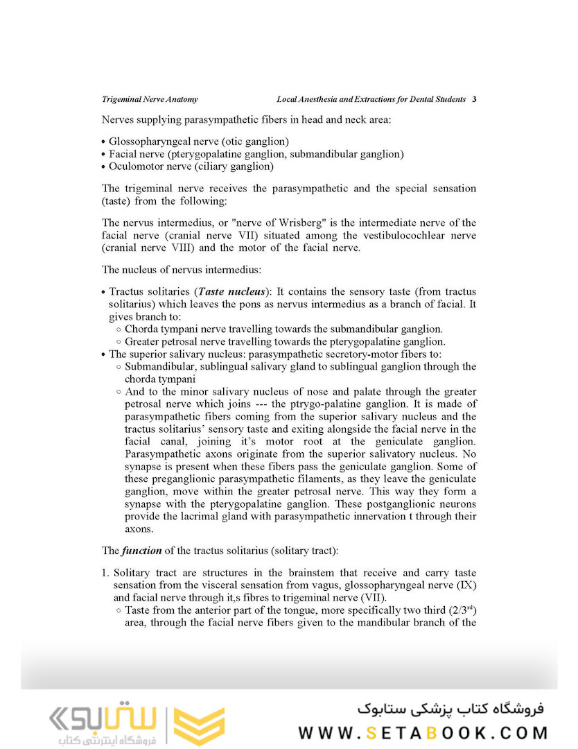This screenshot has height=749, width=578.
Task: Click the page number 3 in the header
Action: tap(474, 99)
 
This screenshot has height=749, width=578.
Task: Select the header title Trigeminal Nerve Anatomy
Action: tap(150, 99)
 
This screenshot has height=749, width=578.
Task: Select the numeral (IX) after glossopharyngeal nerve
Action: tap(466, 585)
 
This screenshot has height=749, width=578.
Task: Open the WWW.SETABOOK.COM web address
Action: tap(423, 732)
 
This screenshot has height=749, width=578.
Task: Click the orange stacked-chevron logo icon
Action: tap(199, 726)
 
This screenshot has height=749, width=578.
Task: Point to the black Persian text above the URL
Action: tap(450, 709)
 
